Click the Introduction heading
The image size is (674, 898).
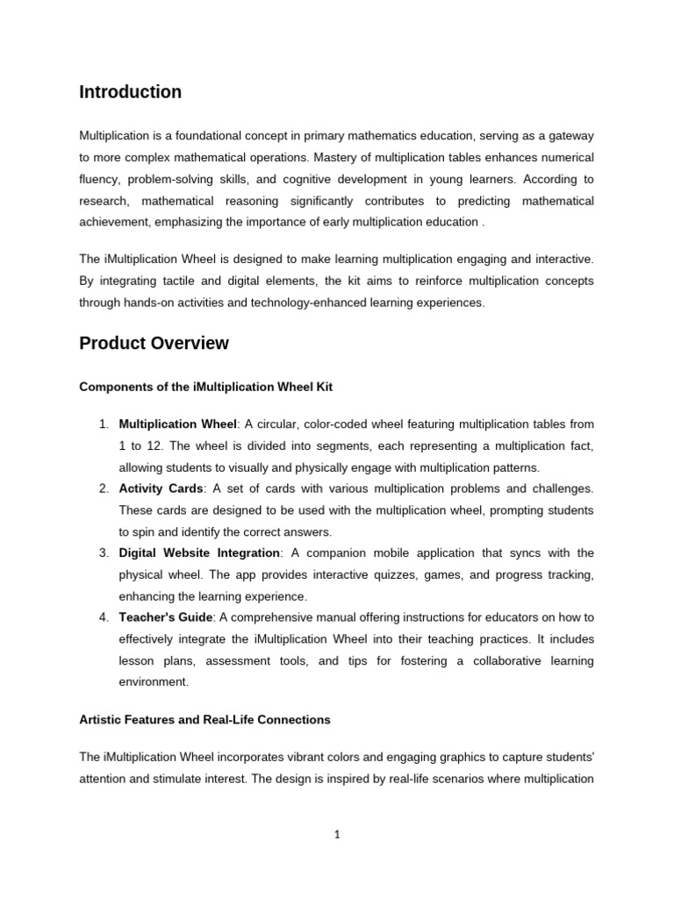click(x=130, y=92)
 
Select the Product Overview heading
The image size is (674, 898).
click(x=154, y=344)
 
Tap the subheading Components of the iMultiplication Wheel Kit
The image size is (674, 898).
click(x=205, y=386)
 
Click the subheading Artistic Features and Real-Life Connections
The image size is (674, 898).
click(x=204, y=720)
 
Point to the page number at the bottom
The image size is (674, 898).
click(x=337, y=835)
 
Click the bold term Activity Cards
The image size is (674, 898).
click(x=161, y=488)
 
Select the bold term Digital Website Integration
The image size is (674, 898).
click(x=199, y=552)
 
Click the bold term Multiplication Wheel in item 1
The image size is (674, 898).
click(x=177, y=424)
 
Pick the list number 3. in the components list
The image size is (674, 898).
click(x=103, y=552)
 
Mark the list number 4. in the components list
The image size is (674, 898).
click(x=103, y=617)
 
